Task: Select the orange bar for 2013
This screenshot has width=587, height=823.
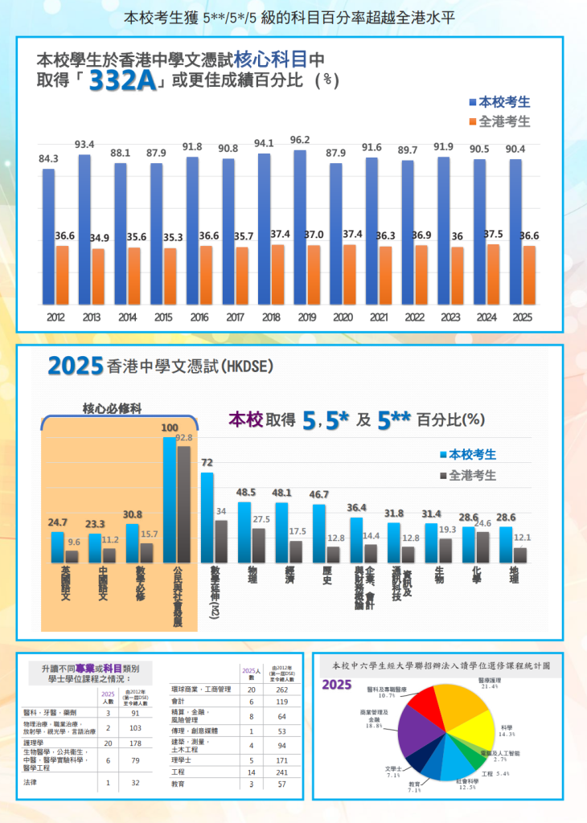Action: click(x=98, y=276)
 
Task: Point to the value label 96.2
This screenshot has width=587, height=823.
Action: click(x=300, y=140)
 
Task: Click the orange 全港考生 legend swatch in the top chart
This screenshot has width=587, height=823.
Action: click(x=472, y=122)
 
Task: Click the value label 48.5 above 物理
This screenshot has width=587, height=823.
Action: click(x=245, y=492)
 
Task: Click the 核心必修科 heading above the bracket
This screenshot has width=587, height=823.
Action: click(x=113, y=408)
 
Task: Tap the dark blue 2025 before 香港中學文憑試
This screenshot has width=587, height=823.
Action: click(x=75, y=366)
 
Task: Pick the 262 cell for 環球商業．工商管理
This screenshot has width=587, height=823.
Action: click(x=281, y=690)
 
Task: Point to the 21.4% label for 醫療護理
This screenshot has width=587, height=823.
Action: click(x=489, y=687)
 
